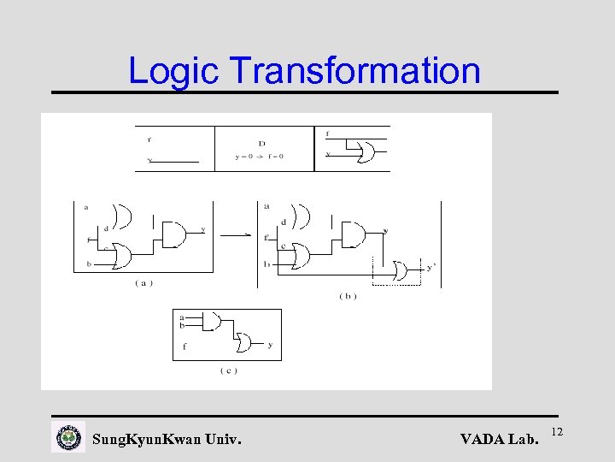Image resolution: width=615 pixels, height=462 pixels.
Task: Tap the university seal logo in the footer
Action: click(x=68, y=438)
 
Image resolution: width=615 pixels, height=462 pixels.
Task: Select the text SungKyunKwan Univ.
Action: click(x=166, y=440)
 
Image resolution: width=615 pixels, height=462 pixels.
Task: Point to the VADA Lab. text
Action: click(x=500, y=440)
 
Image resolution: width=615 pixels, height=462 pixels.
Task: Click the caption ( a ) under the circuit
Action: click(x=143, y=283)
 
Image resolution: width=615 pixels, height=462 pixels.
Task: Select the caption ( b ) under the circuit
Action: click(x=348, y=295)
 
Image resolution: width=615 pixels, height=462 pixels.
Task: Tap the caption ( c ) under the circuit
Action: click(x=228, y=370)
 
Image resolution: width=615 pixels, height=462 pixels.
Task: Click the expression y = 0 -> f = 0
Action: click(x=259, y=157)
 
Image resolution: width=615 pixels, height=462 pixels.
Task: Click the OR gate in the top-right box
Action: click(x=366, y=152)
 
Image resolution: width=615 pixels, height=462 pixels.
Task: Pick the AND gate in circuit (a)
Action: click(x=173, y=233)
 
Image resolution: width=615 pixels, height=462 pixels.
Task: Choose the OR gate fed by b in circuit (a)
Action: click(x=120, y=255)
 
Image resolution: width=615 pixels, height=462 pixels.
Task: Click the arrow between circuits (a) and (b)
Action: click(x=247, y=233)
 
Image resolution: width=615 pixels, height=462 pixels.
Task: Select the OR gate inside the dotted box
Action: click(x=399, y=271)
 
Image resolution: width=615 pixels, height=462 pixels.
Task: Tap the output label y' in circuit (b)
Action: click(x=431, y=267)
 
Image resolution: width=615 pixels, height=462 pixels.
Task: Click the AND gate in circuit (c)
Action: click(x=213, y=322)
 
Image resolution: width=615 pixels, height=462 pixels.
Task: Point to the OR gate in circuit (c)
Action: click(x=245, y=343)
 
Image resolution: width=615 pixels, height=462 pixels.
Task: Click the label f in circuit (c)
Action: click(x=184, y=346)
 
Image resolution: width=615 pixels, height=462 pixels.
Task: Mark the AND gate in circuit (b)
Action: click(x=353, y=233)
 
